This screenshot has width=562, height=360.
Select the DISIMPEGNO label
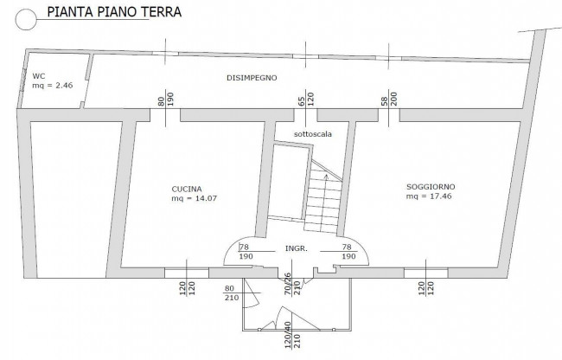point(252,78)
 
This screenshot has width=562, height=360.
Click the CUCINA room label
point(187,189)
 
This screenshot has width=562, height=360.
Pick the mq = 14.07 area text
point(195,199)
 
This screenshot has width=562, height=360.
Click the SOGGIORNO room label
point(431,187)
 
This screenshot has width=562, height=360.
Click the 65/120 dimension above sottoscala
point(305,98)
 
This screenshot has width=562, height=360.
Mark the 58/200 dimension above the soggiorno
point(389,98)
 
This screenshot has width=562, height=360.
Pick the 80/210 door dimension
point(230,292)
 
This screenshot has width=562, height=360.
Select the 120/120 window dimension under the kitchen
point(188,287)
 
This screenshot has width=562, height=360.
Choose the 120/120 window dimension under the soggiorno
point(425,287)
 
